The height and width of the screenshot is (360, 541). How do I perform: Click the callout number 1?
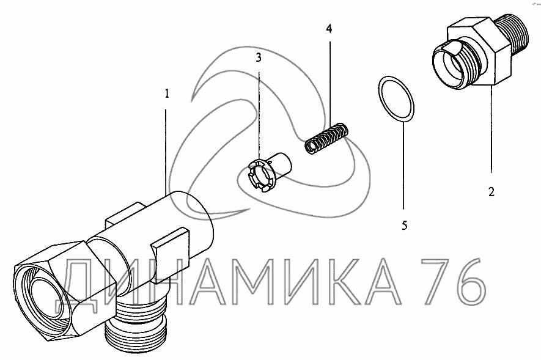[x=167, y=94]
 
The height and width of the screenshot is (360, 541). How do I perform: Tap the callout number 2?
[x=491, y=192]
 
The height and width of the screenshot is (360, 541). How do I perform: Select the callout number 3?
[x=259, y=57]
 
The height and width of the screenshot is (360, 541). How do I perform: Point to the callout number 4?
[x=329, y=29]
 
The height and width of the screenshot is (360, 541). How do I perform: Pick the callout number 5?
[x=404, y=226]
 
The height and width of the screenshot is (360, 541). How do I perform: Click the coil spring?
[x=326, y=138]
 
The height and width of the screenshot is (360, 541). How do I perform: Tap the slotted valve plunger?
[x=269, y=172]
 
